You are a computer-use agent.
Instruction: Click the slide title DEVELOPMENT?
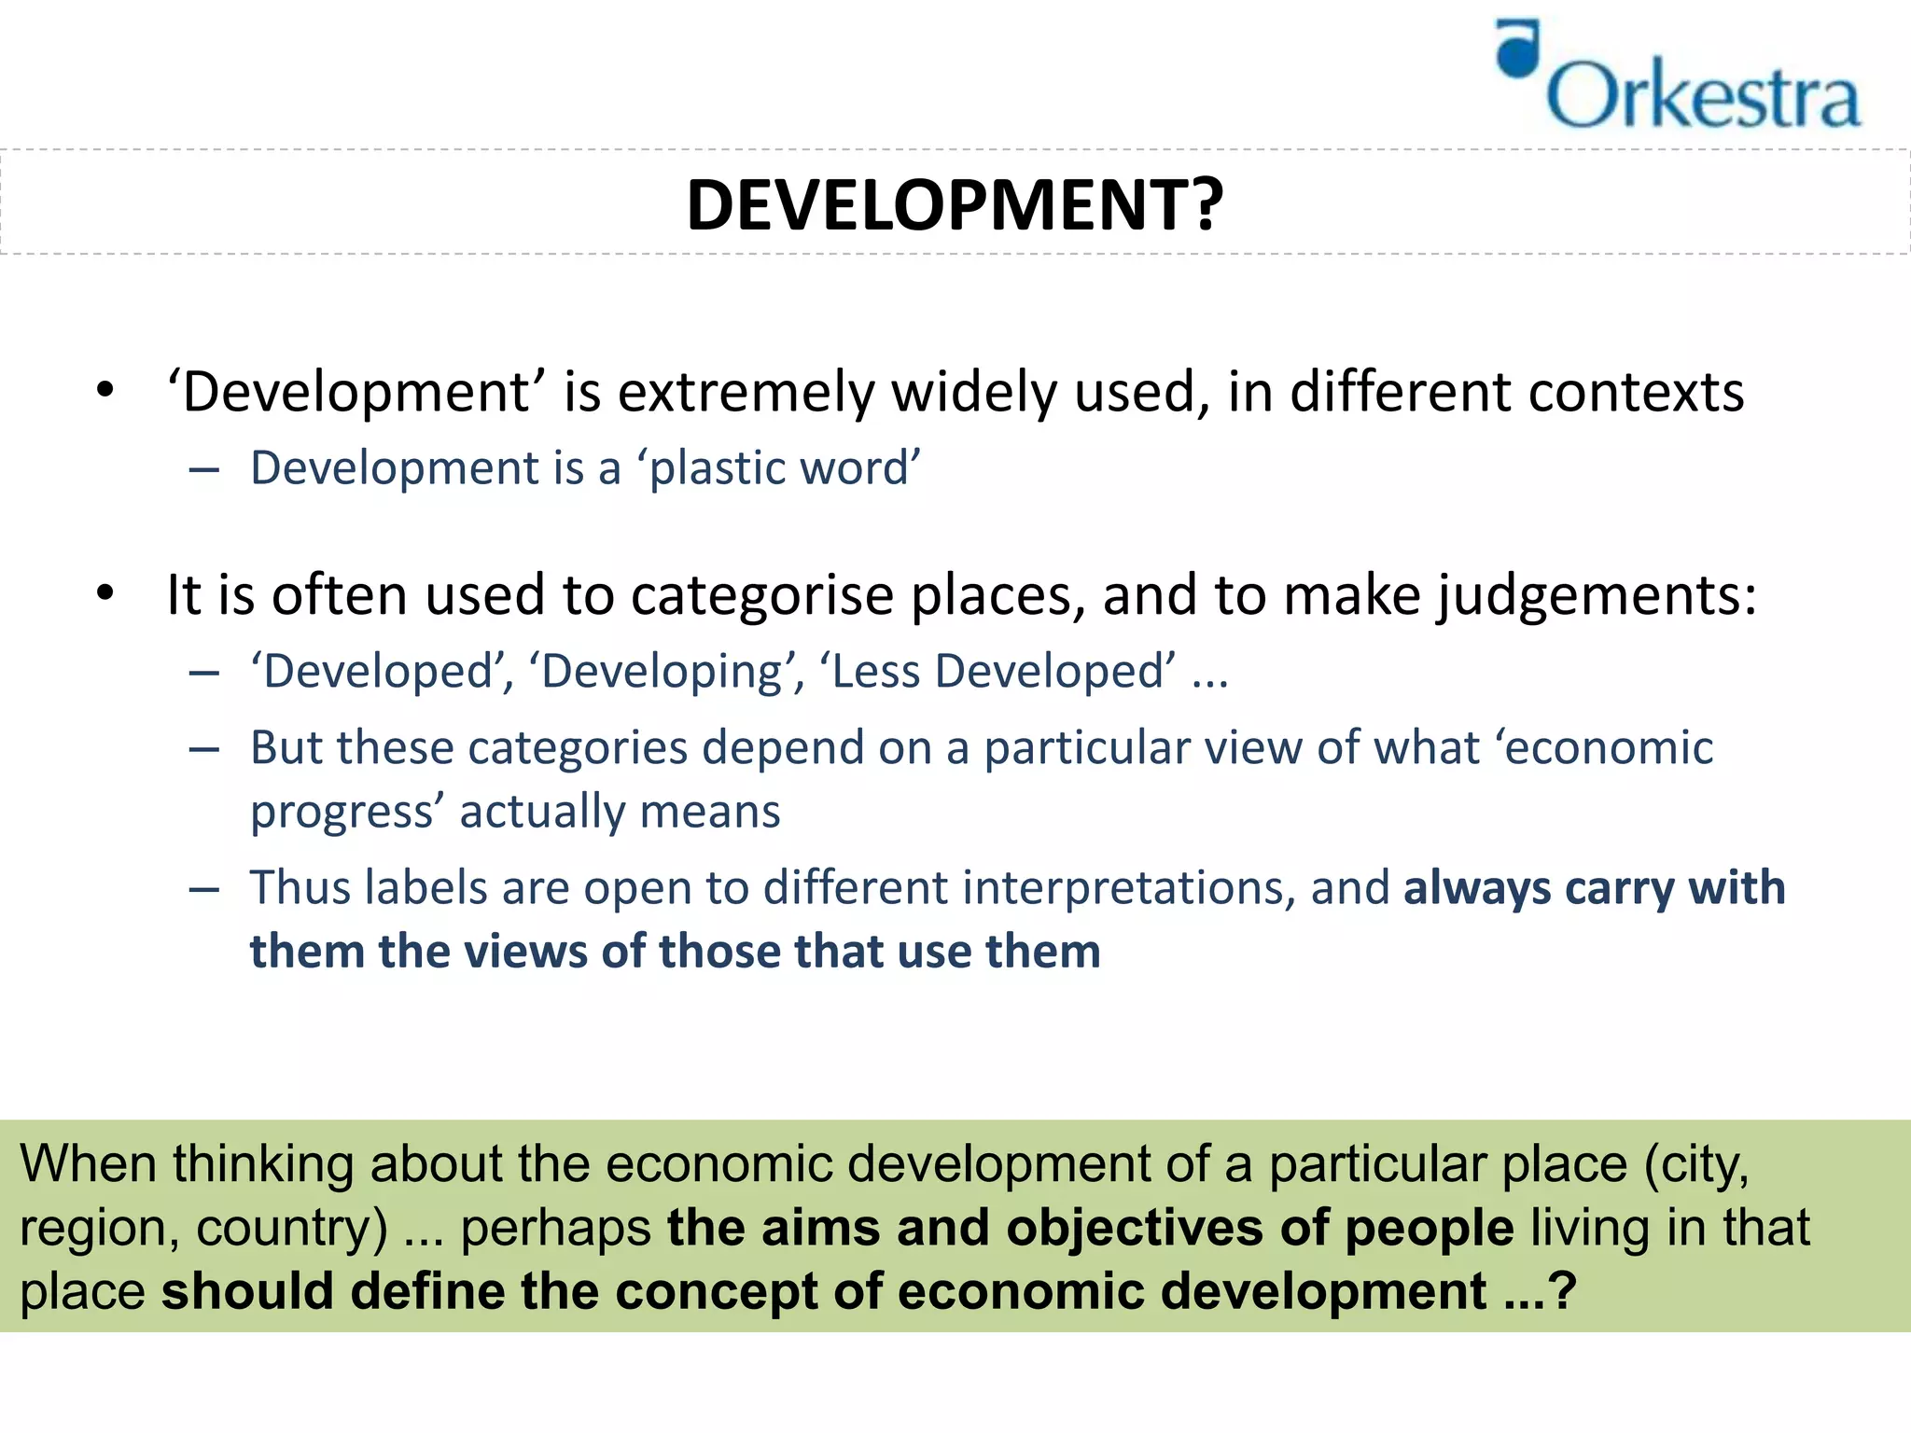point(954,204)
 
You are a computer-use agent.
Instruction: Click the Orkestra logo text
point(1703,95)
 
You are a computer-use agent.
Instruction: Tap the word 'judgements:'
point(1597,596)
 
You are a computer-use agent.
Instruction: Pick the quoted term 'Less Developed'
point(997,672)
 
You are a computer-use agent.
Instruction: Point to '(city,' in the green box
point(1695,1164)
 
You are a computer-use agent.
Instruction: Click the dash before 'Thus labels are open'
point(203,889)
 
